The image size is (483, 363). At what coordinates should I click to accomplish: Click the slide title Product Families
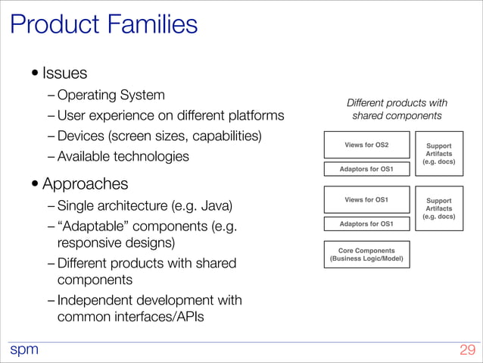104,24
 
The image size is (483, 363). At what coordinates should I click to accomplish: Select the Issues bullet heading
64,74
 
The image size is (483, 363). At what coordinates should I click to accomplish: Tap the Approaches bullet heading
85,183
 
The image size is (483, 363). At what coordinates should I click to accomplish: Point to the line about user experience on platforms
170,116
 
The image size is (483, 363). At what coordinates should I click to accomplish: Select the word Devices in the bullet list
80,136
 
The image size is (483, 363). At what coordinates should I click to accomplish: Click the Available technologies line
123,157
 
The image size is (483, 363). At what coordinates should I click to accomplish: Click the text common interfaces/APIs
130,317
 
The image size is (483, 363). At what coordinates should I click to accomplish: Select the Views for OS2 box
366,144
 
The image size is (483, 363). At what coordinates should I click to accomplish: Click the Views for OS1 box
366,200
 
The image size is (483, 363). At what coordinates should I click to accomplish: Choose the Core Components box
366,255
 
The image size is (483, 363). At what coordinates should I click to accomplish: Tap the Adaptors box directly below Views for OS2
366,169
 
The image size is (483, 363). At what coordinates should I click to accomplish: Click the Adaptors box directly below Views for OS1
366,224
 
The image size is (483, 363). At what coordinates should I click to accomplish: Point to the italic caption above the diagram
397,109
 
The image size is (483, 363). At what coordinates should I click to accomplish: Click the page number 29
467,350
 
